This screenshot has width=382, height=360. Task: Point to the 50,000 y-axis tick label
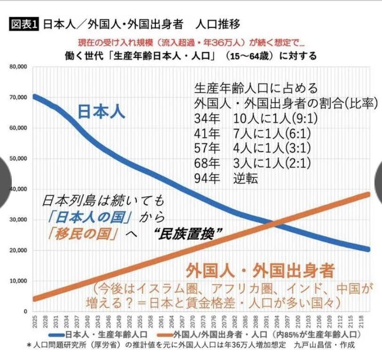19,159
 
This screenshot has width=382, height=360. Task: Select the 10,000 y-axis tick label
19,281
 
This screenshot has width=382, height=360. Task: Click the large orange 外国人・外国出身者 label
260,271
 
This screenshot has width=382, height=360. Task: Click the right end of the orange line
367,194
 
